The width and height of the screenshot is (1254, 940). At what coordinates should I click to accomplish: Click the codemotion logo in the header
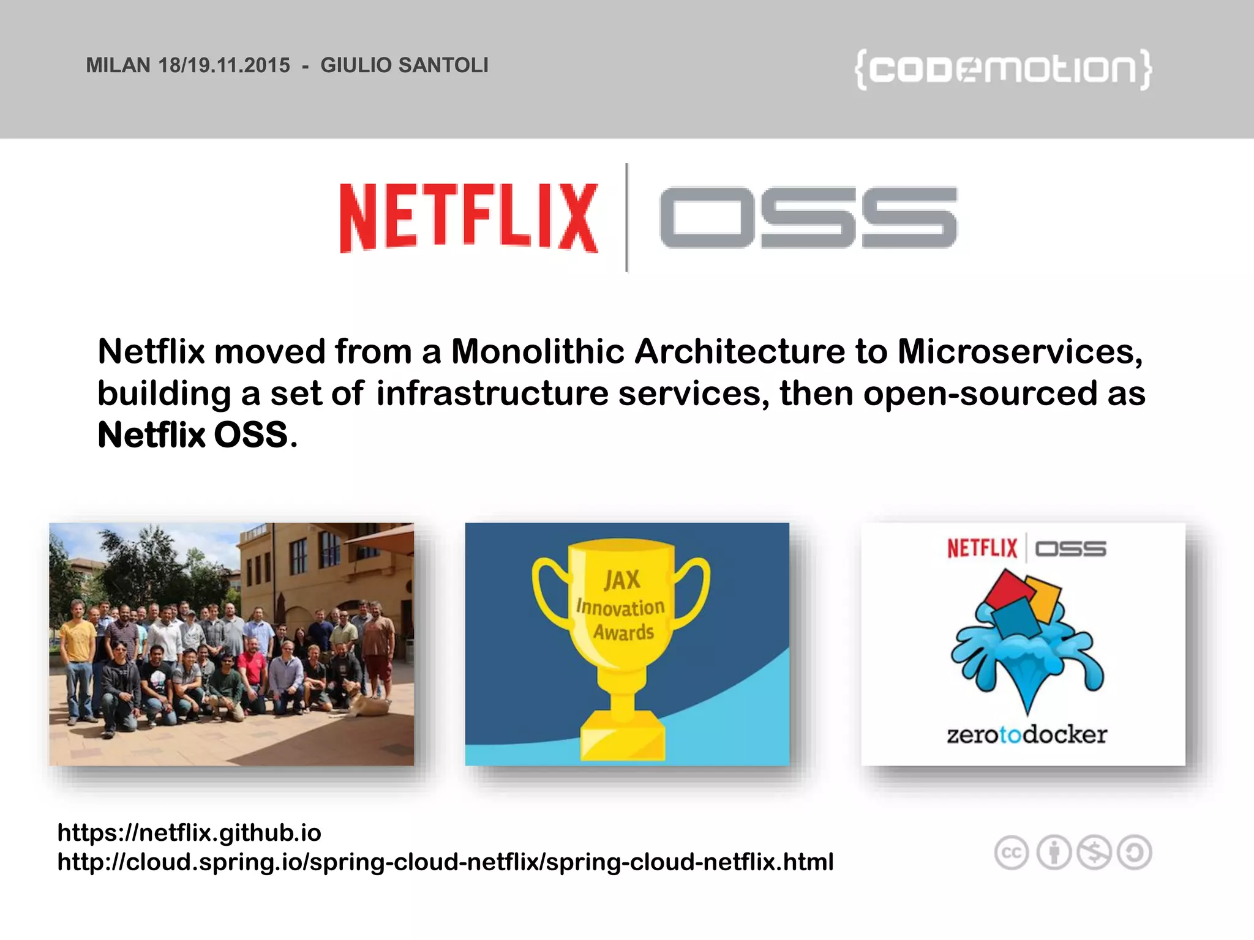point(1003,69)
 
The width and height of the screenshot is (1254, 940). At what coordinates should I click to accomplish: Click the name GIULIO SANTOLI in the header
point(404,65)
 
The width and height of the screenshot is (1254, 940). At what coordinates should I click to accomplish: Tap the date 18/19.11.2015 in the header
point(224,65)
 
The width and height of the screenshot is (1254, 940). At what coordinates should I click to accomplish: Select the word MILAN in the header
point(118,65)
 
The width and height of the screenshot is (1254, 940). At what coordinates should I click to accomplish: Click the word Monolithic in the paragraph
point(537,352)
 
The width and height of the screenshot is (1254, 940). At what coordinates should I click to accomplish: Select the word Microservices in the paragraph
point(1019,352)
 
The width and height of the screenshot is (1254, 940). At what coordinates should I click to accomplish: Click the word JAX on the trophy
point(622,580)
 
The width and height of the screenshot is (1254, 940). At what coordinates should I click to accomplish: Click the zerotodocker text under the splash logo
point(1027,734)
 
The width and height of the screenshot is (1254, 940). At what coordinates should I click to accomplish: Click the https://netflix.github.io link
point(189,832)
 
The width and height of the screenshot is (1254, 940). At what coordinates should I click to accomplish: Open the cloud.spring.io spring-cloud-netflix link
point(445,862)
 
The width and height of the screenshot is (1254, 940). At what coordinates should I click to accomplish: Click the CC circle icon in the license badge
point(1012,852)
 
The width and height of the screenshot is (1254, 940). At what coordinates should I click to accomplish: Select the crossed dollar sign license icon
point(1094,852)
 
